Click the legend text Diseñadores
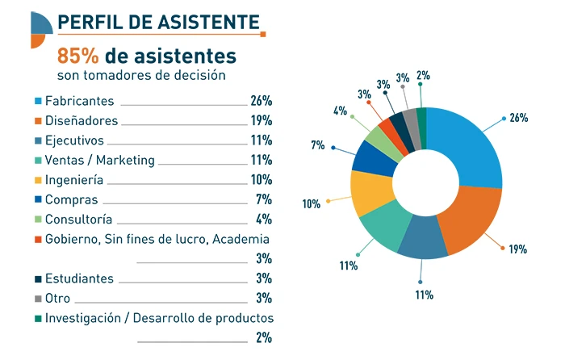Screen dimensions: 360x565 pos(82,121)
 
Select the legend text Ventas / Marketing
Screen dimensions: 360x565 pos(99,160)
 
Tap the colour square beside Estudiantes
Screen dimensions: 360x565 pos(37,278)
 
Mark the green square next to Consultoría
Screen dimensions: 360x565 pos(37,220)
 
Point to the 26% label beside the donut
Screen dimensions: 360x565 pos(518,118)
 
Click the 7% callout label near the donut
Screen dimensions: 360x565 pos(317,146)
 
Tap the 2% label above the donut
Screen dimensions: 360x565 pos(421,76)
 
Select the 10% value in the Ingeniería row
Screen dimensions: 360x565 pos(261,180)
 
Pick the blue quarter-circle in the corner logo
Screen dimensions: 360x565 pos(41,23)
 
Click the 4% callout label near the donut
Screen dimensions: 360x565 pos(340,111)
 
